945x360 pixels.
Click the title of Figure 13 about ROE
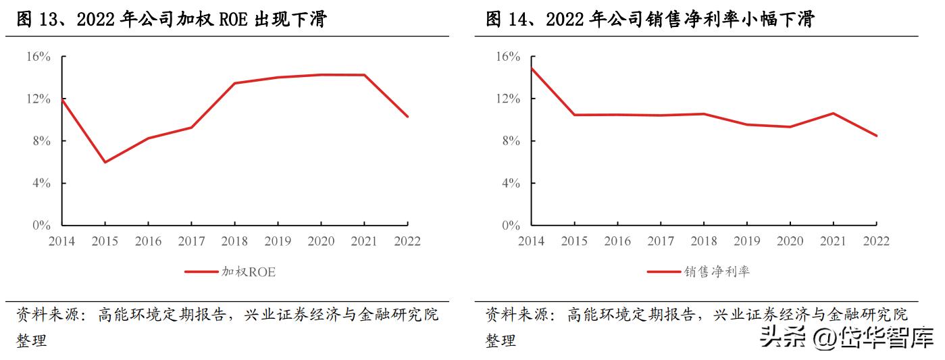pyautogui.click(x=172, y=20)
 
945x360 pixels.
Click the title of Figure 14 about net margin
pyautogui.click(x=650, y=20)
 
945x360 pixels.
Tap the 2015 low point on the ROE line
pyautogui.click(x=105, y=162)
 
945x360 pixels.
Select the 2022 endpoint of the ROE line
pyautogui.click(x=407, y=116)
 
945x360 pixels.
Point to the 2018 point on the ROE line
pyautogui.click(x=234, y=83)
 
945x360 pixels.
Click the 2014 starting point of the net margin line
pyautogui.click(x=531, y=68)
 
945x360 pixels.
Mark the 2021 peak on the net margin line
pyautogui.click(x=833, y=113)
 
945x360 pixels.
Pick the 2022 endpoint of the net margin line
pyautogui.click(x=877, y=136)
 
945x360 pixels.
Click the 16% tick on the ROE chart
pyautogui.click(x=39, y=57)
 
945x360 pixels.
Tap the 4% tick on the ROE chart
pyautogui.click(x=41, y=183)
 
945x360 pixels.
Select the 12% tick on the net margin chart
pyautogui.click(x=507, y=99)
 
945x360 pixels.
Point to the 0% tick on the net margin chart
pyautogui.click(x=510, y=226)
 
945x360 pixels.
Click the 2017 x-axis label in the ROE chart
pyautogui.click(x=191, y=242)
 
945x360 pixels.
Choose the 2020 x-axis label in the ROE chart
pyautogui.click(x=321, y=242)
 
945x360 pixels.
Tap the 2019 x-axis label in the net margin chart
pyautogui.click(x=746, y=242)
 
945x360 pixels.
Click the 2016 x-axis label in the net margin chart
pyautogui.click(x=617, y=242)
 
